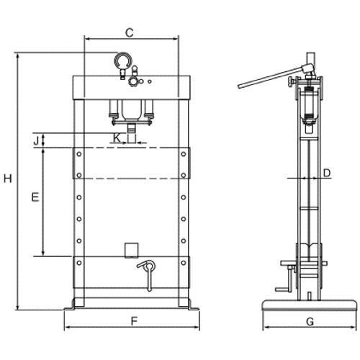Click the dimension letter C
[x=130, y=32]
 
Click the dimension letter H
[x=8, y=179]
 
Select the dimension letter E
[x=35, y=197]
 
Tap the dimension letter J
[x=36, y=140]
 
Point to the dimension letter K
[x=117, y=138]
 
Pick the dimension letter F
[x=134, y=321]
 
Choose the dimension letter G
[x=310, y=321]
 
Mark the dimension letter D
[x=327, y=173]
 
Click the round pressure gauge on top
[x=122, y=60]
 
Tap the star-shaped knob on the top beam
[x=133, y=81]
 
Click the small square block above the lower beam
[x=132, y=251]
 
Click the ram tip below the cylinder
[x=131, y=128]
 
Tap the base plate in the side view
[x=310, y=305]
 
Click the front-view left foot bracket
[x=70, y=305]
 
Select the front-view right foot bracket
[x=194, y=305]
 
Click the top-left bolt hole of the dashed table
[x=79, y=154]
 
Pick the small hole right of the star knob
[x=150, y=81]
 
